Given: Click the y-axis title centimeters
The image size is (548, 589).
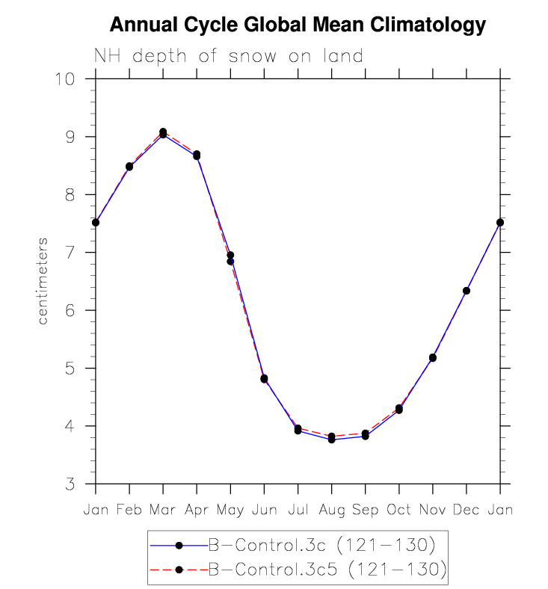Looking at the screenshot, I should click(43, 281).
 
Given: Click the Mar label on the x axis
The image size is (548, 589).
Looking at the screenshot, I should click(163, 510).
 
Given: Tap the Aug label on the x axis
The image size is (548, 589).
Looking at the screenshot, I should click(331, 510).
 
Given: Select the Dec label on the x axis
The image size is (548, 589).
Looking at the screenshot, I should click(467, 510).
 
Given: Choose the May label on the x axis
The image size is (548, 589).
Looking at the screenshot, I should click(230, 511).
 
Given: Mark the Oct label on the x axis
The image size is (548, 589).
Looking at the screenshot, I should click(398, 510).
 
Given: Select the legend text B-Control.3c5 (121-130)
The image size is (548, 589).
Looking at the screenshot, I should click(327, 570).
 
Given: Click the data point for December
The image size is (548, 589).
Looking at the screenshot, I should click(467, 291).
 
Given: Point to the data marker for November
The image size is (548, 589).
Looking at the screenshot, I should click(433, 358).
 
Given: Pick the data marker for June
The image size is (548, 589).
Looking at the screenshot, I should click(264, 379).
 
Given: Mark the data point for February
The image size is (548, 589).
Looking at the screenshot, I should click(129, 167).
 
